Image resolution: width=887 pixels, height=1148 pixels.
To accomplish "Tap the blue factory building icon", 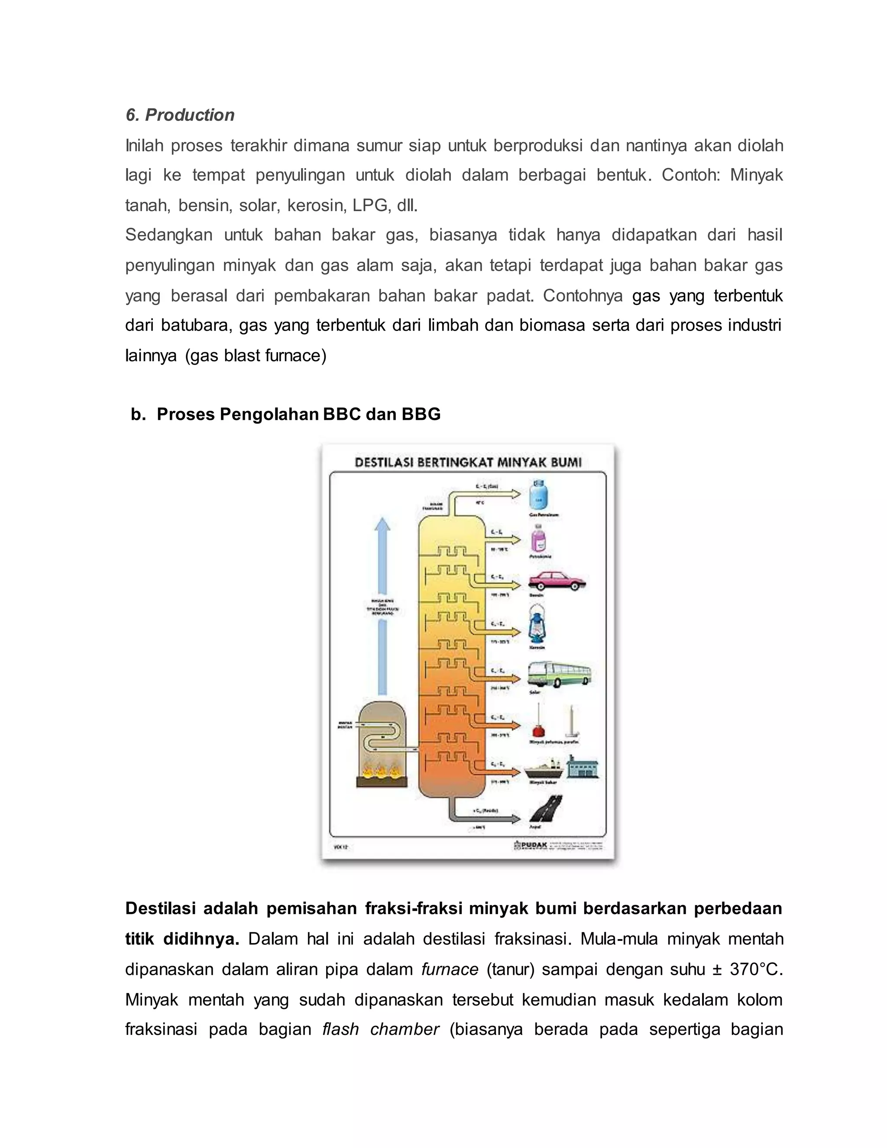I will (582, 768).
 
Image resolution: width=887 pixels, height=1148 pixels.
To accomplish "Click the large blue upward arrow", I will (382, 604).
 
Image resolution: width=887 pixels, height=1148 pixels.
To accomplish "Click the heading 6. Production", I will (180, 115).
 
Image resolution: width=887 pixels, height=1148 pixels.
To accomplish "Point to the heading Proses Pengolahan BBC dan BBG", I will (298, 414).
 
